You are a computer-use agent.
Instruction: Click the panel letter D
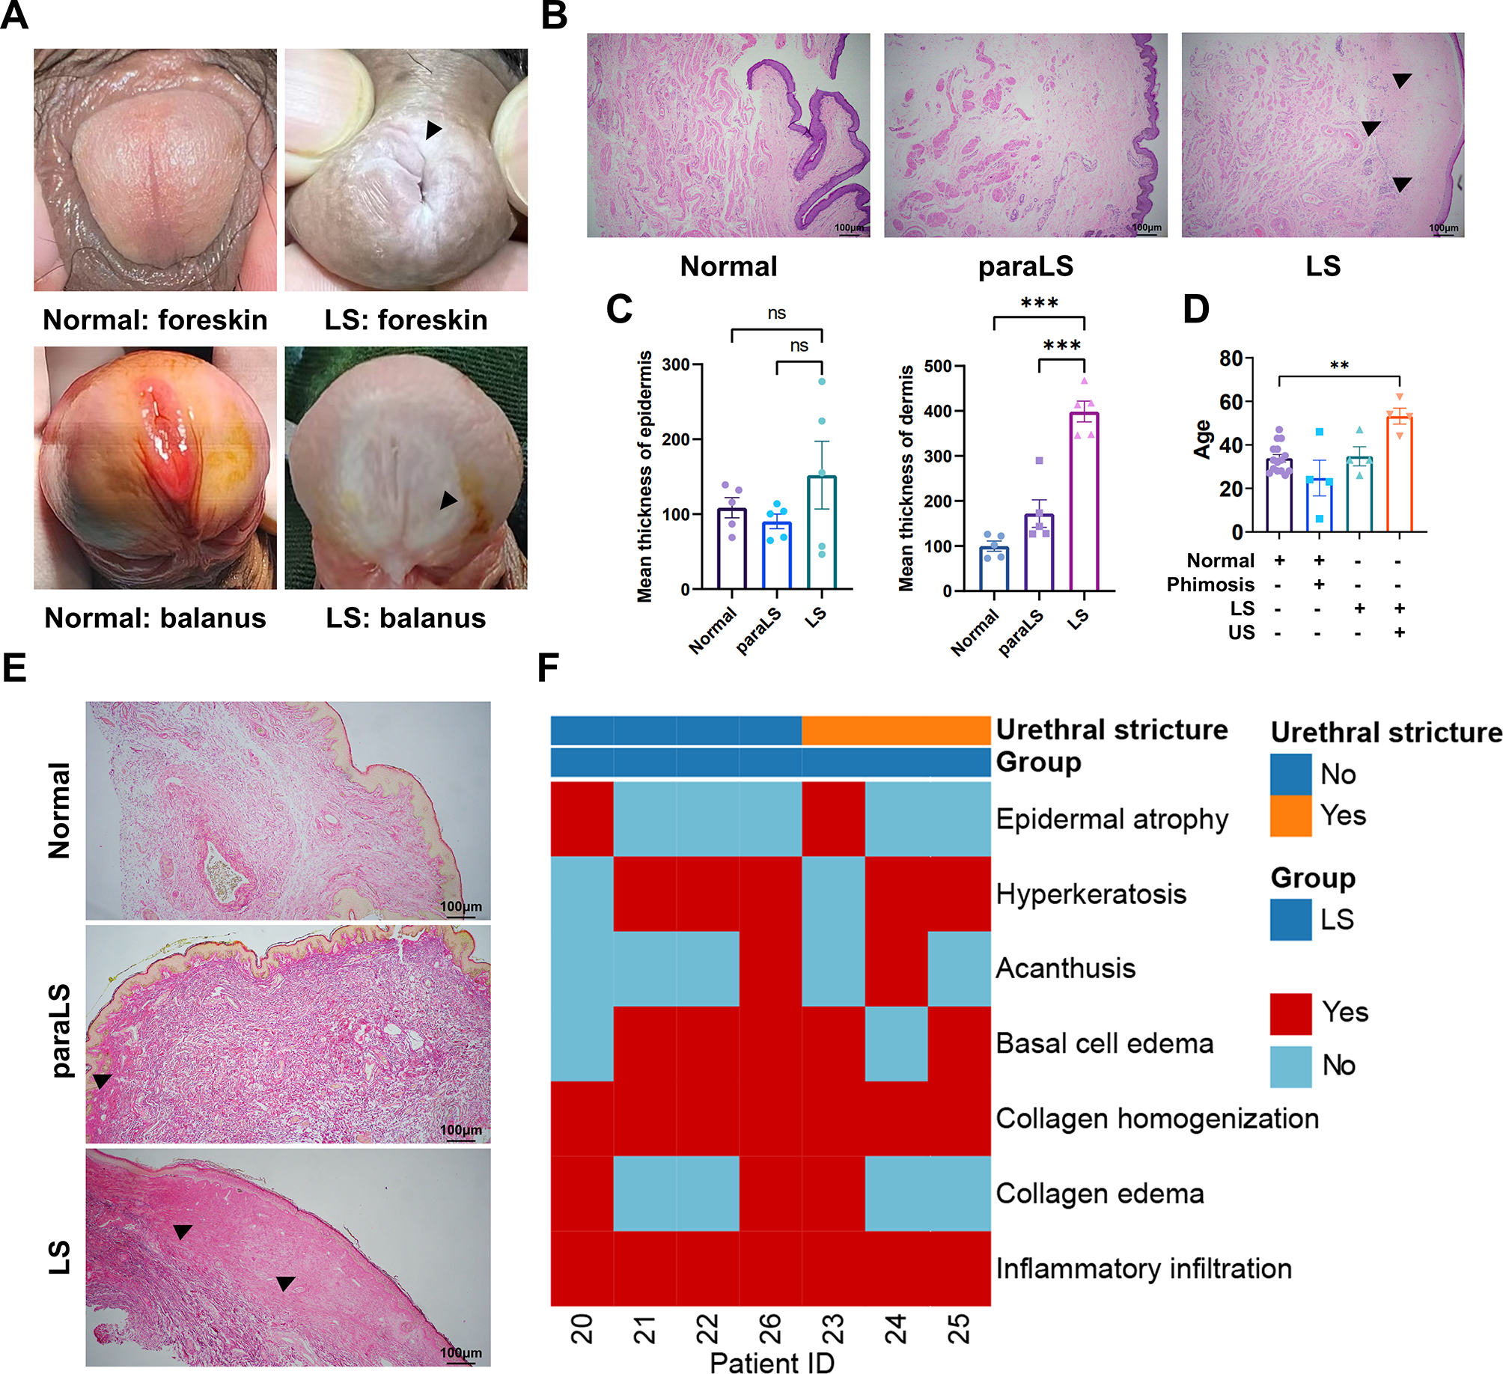(1195, 308)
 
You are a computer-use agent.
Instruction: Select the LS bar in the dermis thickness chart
(1084, 501)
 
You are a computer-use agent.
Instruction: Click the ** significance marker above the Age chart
(1339, 366)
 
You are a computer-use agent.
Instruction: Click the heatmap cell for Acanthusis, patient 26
(770, 968)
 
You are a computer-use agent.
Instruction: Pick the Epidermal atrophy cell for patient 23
(833, 819)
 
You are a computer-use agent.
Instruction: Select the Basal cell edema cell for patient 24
(896, 1043)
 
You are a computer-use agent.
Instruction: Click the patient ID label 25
(959, 1329)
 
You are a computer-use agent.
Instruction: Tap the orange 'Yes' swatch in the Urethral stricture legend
(1290, 815)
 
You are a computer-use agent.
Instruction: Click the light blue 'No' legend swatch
(1290, 1066)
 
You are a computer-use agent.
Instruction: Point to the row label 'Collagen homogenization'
(1156, 1119)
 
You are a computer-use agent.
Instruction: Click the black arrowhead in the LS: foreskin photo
(433, 130)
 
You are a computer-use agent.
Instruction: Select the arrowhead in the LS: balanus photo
(448, 500)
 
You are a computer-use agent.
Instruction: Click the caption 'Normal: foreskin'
(155, 320)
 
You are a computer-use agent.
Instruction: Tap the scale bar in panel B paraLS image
(1147, 233)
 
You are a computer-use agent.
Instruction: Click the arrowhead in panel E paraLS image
(101, 1081)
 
